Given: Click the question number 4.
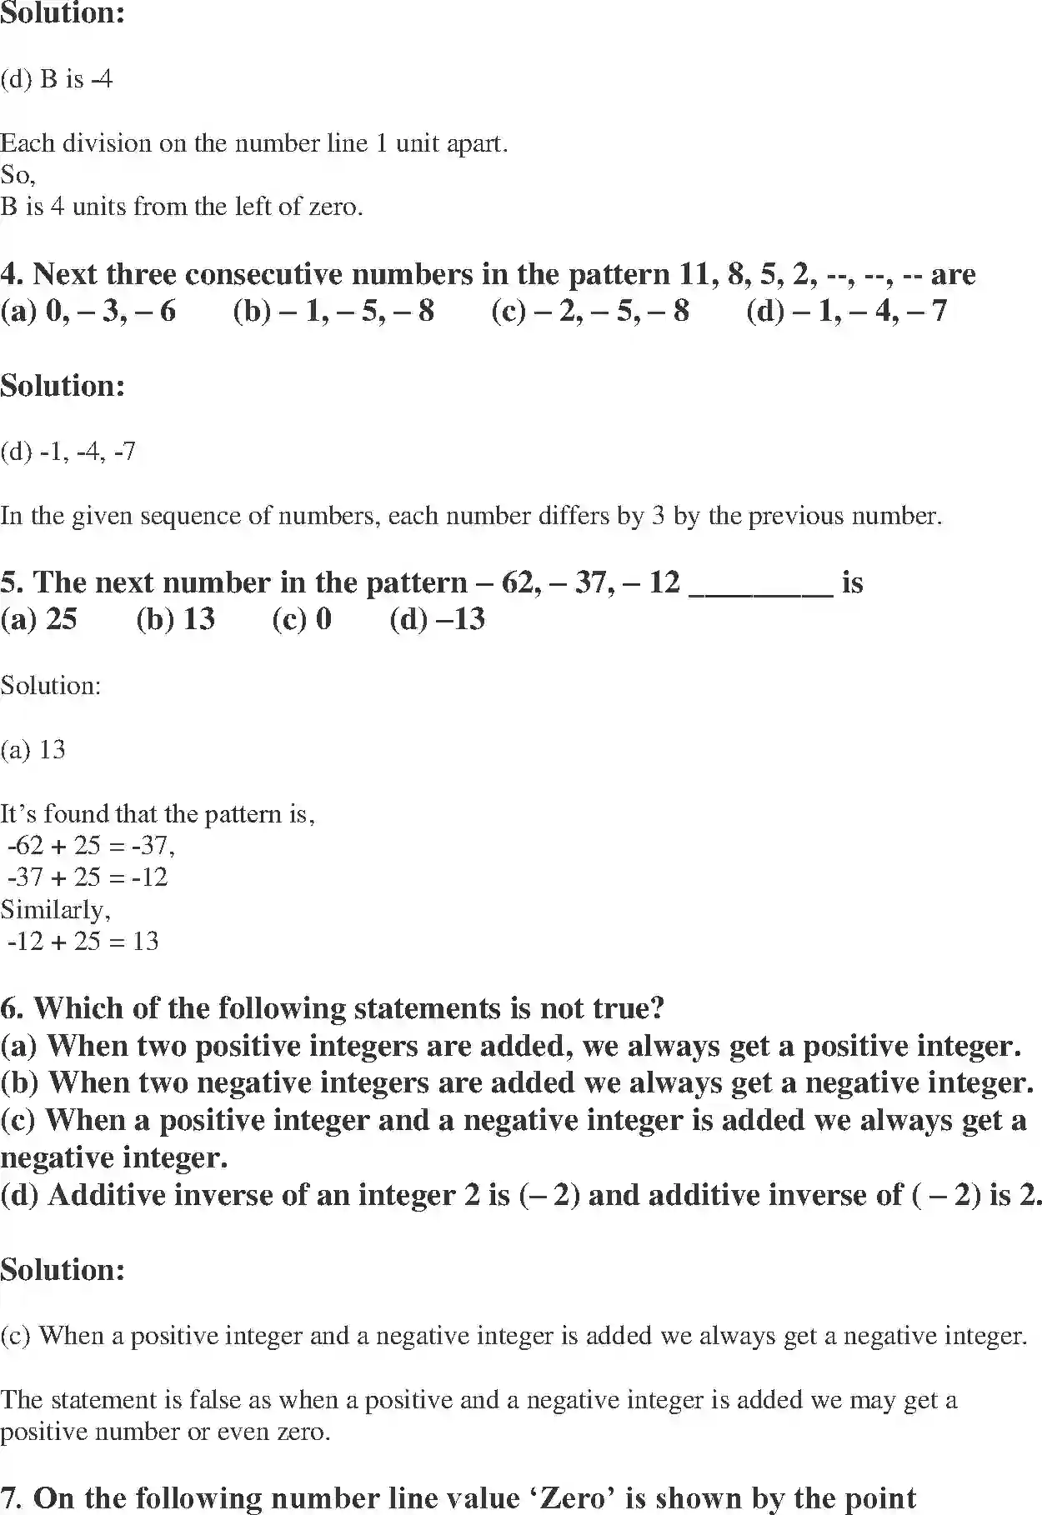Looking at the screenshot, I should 12,274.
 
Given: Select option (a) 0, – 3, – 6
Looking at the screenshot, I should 88,311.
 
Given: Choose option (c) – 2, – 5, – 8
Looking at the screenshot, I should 590,311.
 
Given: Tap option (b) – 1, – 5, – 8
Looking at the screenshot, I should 333,311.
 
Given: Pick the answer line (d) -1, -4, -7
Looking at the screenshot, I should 68,452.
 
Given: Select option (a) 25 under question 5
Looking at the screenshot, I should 38,619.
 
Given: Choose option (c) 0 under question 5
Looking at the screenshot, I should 302,619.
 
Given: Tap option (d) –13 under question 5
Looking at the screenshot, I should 437,619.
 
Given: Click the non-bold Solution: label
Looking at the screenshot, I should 50,686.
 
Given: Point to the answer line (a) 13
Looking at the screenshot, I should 33,750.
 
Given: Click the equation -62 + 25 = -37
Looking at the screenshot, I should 90,846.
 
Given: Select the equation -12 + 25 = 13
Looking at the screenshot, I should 83,942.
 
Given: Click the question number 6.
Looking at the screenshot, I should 12,1008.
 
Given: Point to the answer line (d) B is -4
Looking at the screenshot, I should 57,80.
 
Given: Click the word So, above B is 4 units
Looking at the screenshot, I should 18,175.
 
